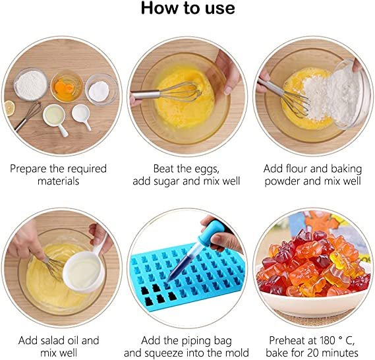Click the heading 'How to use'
pyautogui.click(x=188, y=8)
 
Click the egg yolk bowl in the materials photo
pyautogui.click(x=67, y=86)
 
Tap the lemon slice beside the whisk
pyautogui.click(x=9, y=108)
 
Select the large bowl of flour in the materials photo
pyautogui.click(x=31, y=84)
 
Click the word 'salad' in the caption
pyautogui.click(x=50, y=340)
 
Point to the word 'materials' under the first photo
pyautogui.click(x=58, y=181)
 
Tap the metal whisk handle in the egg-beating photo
pyautogui.click(x=146, y=94)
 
